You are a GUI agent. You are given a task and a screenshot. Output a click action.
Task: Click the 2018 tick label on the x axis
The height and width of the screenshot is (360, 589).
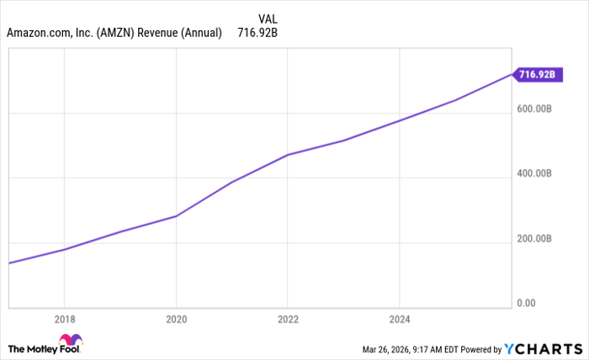[65, 320]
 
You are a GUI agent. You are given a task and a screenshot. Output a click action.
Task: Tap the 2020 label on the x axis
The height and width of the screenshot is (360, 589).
[176, 320]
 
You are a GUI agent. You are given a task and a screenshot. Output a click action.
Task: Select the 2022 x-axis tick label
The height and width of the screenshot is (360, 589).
[288, 320]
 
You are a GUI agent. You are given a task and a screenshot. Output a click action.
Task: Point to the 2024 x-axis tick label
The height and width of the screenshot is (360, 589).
[399, 320]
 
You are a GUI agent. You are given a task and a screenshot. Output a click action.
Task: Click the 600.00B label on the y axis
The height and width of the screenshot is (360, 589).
[534, 109]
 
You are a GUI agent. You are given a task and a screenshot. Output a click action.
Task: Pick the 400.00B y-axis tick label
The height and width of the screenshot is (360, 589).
[534, 173]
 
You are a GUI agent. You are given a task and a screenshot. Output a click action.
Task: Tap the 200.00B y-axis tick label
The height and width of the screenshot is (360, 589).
[534, 239]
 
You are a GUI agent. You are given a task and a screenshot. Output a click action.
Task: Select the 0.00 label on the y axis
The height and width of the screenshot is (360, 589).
[527, 304]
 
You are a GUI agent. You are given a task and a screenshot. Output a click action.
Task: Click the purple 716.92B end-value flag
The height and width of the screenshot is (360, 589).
[537, 75]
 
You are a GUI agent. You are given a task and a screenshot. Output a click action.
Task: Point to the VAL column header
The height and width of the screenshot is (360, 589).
[268, 17]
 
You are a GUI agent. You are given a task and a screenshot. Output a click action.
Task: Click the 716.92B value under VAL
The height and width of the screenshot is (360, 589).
[257, 33]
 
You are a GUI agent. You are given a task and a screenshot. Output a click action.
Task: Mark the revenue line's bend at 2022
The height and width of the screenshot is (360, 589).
[288, 155]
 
